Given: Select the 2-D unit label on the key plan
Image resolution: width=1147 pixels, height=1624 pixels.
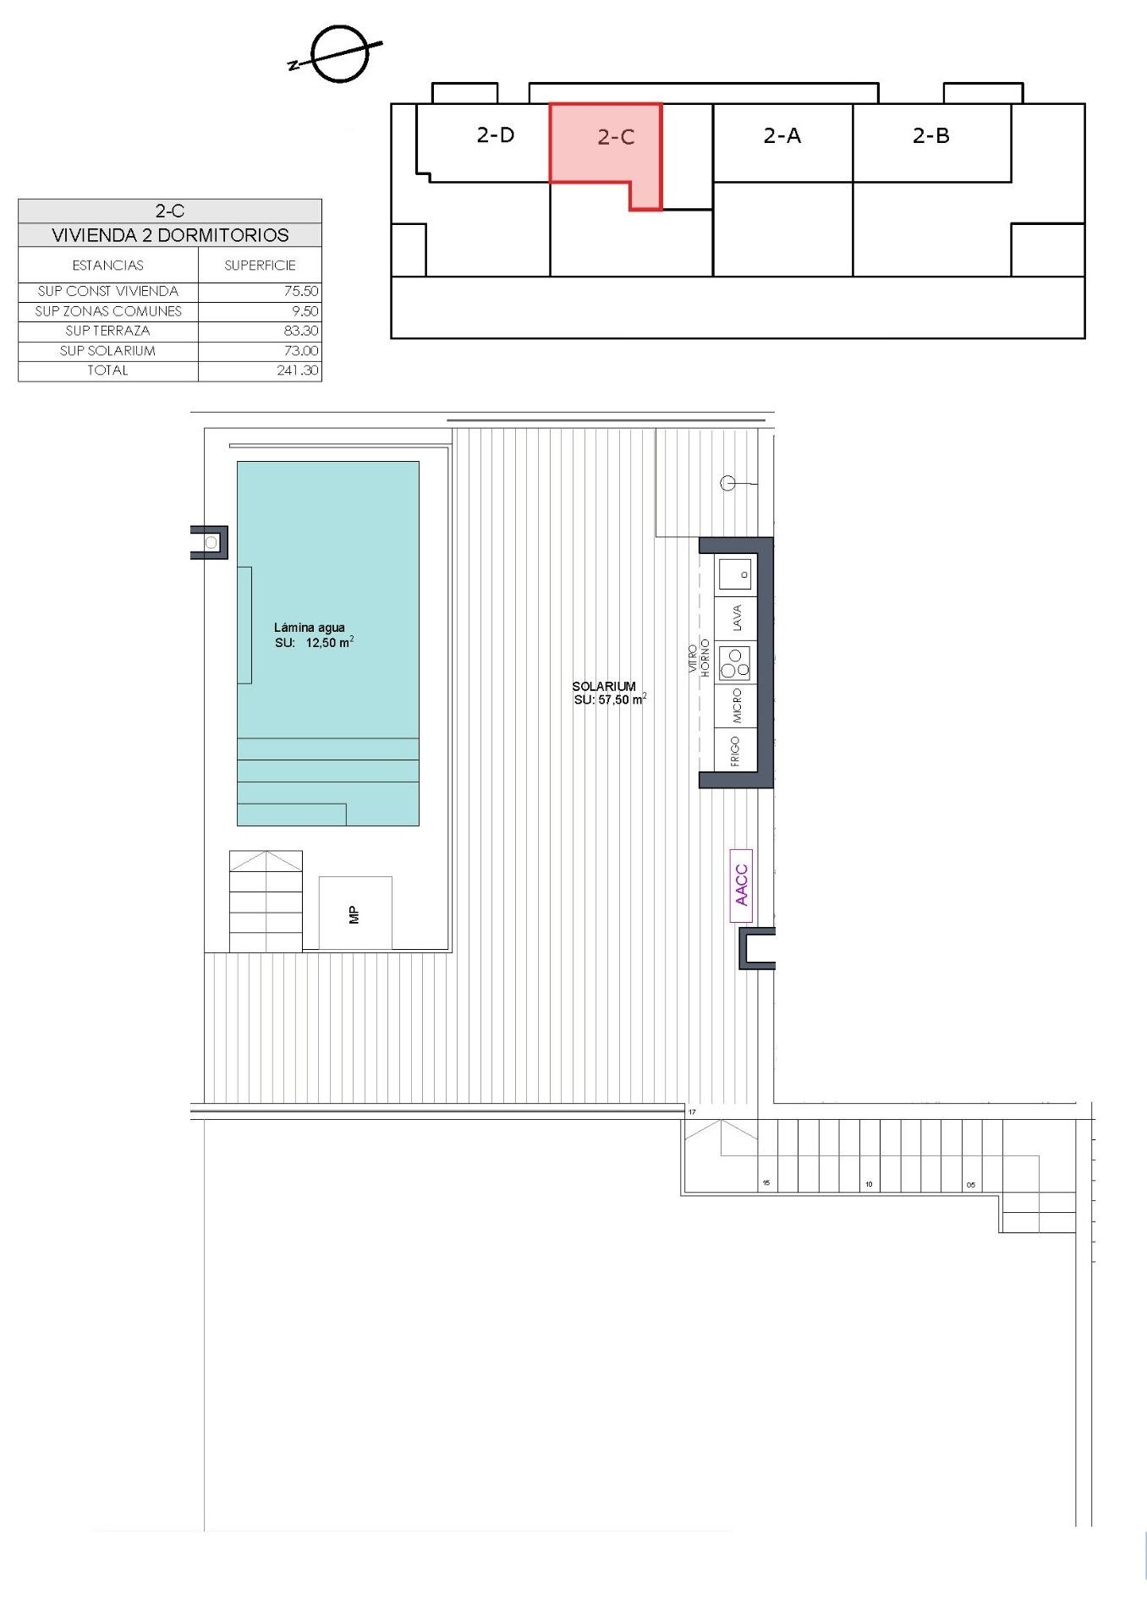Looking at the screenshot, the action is (x=496, y=134).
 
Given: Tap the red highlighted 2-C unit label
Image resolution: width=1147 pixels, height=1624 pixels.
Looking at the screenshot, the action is (x=616, y=137).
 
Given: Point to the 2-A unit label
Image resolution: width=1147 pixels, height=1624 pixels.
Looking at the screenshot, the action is (x=782, y=135).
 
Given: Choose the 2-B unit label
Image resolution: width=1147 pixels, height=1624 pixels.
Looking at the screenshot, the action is (x=931, y=135).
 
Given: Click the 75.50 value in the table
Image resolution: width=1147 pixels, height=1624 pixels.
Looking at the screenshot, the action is (x=301, y=291).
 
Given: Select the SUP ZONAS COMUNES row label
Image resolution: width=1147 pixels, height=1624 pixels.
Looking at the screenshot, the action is (x=108, y=311).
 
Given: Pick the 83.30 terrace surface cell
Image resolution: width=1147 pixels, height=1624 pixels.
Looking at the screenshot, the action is (x=301, y=331).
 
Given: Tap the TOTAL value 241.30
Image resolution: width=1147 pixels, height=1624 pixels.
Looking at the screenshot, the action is (x=298, y=370).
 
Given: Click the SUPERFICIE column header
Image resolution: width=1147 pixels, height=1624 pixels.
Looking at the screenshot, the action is (x=260, y=266).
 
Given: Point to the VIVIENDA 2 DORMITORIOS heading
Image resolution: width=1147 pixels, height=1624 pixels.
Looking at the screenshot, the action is (x=170, y=235).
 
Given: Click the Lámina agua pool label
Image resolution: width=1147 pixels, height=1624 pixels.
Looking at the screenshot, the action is (x=310, y=628).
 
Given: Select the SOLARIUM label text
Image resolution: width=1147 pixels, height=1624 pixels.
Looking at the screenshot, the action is (x=604, y=687).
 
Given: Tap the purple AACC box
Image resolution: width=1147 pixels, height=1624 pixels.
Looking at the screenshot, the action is (x=741, y=886).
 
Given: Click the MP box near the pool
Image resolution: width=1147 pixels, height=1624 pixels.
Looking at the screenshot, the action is (x=355, y=913).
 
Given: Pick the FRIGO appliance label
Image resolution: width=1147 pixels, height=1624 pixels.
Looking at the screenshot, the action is (x=735, y=750).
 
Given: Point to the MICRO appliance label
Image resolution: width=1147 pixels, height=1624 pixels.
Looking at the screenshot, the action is (x=737, y=705).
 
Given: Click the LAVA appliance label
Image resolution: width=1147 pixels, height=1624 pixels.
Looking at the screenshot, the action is (x=737, y=617).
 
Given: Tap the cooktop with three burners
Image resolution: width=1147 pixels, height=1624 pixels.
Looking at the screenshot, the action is (x=734, y=663).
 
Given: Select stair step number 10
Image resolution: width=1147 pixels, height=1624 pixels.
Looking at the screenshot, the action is (x=869, y=1184).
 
